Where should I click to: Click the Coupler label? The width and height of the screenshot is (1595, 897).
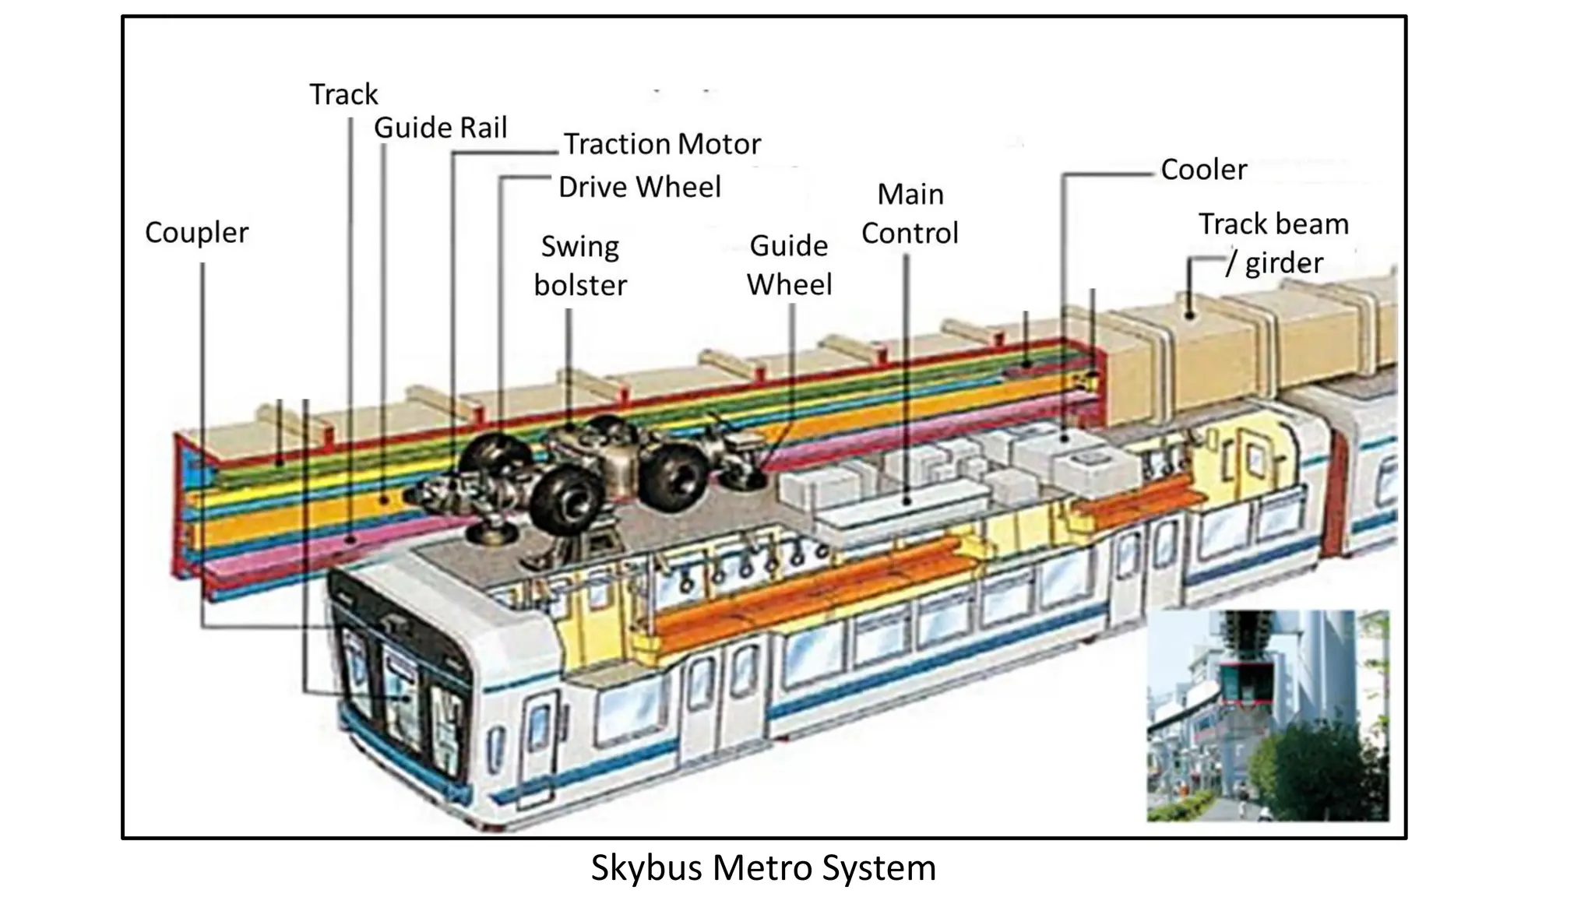196,233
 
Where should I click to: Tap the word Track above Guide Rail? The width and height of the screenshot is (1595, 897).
343,94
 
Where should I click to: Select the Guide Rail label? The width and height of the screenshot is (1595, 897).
440,128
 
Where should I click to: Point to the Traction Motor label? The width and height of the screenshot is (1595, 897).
661,144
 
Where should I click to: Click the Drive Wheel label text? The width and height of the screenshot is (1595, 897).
639,187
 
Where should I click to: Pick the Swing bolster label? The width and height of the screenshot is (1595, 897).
580,266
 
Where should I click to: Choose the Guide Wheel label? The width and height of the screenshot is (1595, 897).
789,265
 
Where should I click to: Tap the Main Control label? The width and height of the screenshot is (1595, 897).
910,213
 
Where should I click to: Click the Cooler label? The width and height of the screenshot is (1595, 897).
1203,170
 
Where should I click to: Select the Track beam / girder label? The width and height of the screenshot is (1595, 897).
1273,243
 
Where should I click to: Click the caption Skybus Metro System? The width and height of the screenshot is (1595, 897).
762,867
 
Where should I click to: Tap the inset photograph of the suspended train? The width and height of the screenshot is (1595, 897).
1267,715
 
